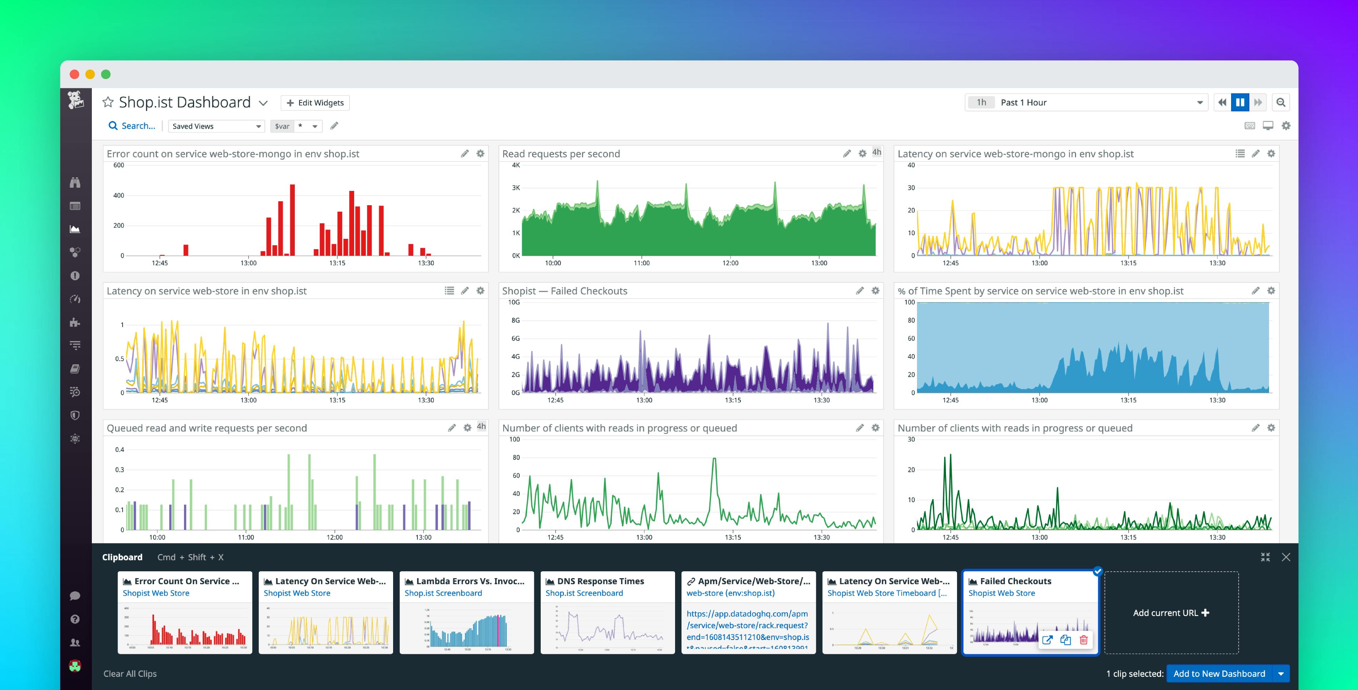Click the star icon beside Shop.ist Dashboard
tap(108, 102)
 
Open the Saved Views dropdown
tap(216, 126)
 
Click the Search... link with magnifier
tap(132, 125)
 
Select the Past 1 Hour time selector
tap(1086, 102)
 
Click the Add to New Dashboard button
tap(1219, 673)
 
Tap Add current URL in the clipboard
tap(1171, 612)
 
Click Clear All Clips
tap(130, 673)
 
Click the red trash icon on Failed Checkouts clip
tap(1083, 640)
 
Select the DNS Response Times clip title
tap(600, 581)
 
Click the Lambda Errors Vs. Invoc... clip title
tap(470, 581)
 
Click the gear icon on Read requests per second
tap(862, 153)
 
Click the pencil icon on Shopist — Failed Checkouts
tap(860, 291)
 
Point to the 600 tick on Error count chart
tap(119, 165)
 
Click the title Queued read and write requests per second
tap(207, 428)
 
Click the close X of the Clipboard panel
tap(1286, 557)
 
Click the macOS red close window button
tap(74, 74)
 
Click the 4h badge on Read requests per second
tap(877, 152)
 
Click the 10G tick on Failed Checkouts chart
tap(514, 302)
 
